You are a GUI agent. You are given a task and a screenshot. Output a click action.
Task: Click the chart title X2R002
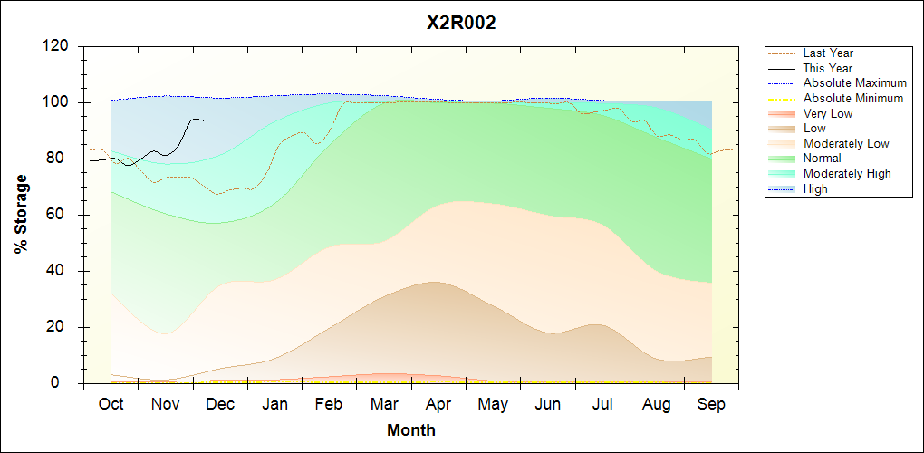tap(461, 24)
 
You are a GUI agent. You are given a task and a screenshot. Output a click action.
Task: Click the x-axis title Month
tap(411, 430)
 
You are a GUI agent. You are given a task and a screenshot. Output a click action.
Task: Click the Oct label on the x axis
tap(111, 404)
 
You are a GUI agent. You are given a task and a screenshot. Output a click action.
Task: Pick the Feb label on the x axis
tap(329, 404)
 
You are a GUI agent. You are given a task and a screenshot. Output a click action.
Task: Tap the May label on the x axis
tap(493, 404)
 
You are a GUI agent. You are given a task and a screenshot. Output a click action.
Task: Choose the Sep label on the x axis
tap(711, 404)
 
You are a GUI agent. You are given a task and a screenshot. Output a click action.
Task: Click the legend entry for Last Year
tap(828, 53)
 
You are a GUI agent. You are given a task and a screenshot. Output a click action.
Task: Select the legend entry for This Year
tap(828, 68)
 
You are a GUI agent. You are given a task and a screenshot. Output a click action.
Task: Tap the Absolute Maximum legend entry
tap(855, 83)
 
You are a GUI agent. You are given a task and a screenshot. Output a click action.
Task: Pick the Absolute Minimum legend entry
tap(853, 99)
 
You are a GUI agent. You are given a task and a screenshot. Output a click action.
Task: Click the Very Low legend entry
tap(828, 113)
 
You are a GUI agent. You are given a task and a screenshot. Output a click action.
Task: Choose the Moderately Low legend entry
tap(846, 143)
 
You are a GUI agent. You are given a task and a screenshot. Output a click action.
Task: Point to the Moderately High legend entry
tap(847, 174)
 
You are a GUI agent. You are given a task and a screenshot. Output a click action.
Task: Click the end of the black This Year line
tap(204, 120)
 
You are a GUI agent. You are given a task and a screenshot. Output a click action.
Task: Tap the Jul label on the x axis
tap(602, 404)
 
